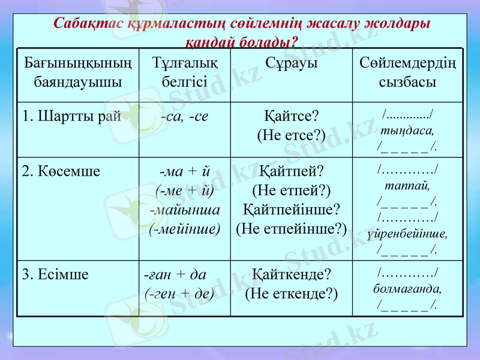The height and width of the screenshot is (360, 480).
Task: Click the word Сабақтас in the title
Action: click(x=89, y=24)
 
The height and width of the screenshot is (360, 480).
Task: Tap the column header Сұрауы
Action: click(x=291, y=63)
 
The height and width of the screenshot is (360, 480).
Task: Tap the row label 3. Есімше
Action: click(x=55, y=275)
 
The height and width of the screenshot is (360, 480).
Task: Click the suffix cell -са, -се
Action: click(x=185, y=116)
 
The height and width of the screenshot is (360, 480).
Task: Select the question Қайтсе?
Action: click(x=291, y=115)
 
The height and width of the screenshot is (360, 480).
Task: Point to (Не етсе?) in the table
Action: click(x=291, y=135)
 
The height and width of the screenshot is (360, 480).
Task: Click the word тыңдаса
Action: click(x=407, y=129)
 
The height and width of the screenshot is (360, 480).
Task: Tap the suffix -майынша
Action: click(x=185, y=210)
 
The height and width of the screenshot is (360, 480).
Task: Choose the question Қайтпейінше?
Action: click(x=291, y=209)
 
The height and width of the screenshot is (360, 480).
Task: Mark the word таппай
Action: click(x=407, y=185)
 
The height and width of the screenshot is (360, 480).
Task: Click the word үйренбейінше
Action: click(x=407, y=232)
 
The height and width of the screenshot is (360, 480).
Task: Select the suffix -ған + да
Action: click(x=175, y=275)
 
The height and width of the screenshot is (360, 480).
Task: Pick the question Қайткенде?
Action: click(x=291, y=274)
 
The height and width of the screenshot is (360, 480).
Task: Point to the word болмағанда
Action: click(x=407, y=289)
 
